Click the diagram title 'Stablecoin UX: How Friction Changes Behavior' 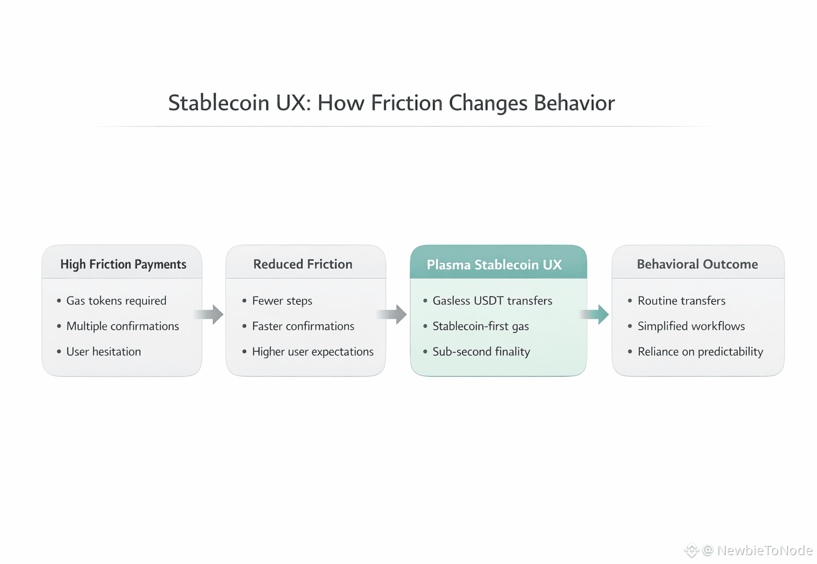(x=391, y=103)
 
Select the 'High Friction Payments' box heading (x=123, y=264)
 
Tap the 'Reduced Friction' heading (x=303, y=264)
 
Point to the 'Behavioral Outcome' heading (x=697, y=264)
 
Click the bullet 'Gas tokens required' (x=116, y=300)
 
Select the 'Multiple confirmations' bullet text (x=122, y=326)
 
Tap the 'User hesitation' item (x=104, y=351)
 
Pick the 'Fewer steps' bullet (x=282, y=300)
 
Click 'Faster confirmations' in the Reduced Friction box (x=303, y=326)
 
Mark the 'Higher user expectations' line (x=313, y=351)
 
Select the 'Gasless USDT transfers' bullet (x=492, y=300)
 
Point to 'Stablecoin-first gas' (x=481, y=326)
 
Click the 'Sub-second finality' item (x=481, y=351)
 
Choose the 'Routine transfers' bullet (x=681, y=300)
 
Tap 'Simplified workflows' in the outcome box (x=691, y=326)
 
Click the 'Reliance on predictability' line (x=700, y=351)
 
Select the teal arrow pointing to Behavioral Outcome (x=594, y=314)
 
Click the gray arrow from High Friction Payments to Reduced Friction (x=208, y=314)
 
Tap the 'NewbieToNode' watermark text (x=765, y=550)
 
